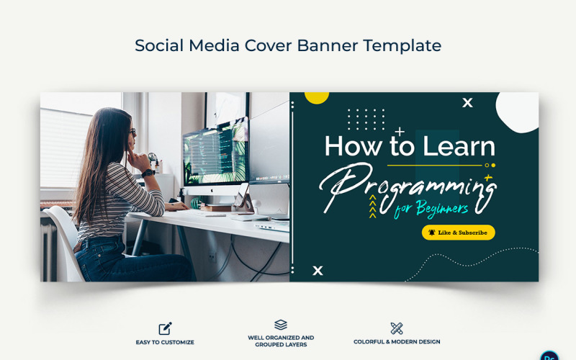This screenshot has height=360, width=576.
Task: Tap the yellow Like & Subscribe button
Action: [x=458, y=233]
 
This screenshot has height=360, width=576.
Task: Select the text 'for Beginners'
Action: [x=431, y=208]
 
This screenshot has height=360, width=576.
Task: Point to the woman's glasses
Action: [x=132, y=132]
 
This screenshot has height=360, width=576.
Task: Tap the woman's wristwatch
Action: [x=148, y=172]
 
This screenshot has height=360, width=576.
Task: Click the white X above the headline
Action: [x=467, y=103]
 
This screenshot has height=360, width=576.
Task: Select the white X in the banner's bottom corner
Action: [x=318, y=271]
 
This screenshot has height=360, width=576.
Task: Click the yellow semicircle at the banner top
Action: [x=317, y=97]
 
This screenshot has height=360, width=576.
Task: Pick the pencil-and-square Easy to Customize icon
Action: [x=165, y=328]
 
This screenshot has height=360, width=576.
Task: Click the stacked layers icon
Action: [x=281, y=325]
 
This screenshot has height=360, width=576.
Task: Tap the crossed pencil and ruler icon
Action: [x=397, y=328]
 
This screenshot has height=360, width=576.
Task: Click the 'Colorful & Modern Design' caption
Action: [x=397, y=342]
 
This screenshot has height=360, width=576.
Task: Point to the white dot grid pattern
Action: [x=366, y=119]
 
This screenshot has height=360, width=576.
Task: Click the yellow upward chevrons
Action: [x=373, y=207]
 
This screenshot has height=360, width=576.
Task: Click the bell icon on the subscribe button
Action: [x=432, y=233]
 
